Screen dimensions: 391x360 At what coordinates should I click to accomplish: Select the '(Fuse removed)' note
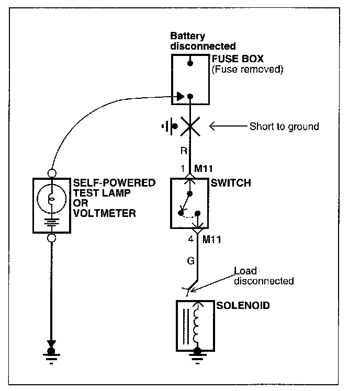pos(247,69)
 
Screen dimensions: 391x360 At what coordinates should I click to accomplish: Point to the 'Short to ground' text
pos(284,126)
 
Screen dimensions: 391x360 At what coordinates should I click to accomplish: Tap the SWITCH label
pos(230,183)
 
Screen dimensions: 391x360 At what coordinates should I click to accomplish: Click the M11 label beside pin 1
pos(206,169)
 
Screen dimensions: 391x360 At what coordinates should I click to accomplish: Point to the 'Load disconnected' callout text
pos(263,276)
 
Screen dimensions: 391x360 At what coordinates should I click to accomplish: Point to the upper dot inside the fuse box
pos(191,63)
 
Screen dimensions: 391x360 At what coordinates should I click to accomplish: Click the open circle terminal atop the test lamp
pos(51,172)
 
